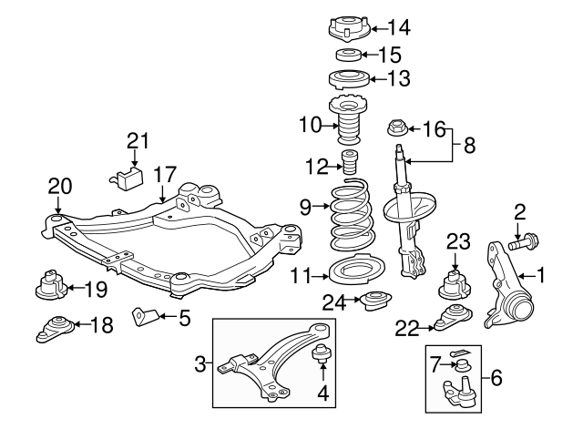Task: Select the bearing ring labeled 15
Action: coord(346,55)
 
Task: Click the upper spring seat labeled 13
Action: coord(347,78)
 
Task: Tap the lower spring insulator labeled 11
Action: coord(346,273)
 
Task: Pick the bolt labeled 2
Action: coord(525,244)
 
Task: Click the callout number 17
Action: coord(164,172)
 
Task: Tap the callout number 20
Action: coord(59,188)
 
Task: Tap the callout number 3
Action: coord(200,367)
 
